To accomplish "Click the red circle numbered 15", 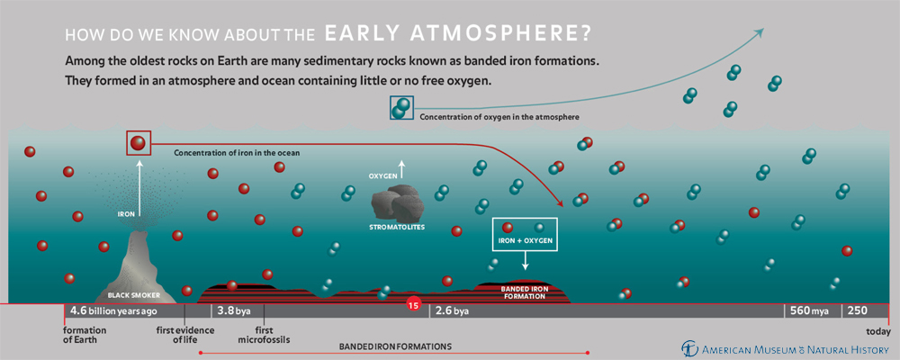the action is [x=412, y=304].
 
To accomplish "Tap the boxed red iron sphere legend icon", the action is [x=139, y=143].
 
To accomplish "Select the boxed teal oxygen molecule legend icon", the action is [x=401, y=107].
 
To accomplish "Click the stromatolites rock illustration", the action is [x=397, y=202].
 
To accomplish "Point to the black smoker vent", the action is [x=137, y=265].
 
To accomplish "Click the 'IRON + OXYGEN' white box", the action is [x=525, y=234].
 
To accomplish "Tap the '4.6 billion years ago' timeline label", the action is [x=113, y=310].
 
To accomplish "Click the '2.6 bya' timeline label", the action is [x=452, y=310].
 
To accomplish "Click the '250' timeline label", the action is [x=855, y=310].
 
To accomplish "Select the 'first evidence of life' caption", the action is [x=185, y=335].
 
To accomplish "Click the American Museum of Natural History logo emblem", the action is [x=688, y=348].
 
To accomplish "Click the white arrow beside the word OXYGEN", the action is [x=401, y=170].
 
